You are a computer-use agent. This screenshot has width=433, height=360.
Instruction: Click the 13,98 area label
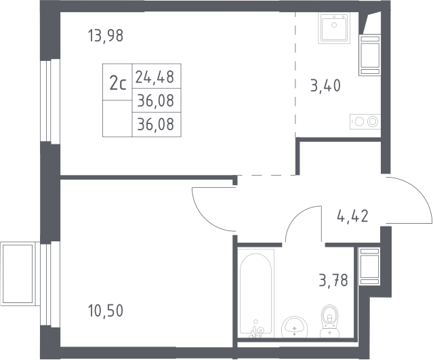[106, 36]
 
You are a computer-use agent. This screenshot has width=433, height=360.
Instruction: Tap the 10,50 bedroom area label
[106, 311]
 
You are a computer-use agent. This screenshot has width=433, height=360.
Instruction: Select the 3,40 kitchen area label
[325, 85]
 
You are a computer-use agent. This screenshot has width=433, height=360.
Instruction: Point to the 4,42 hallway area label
[352, 216]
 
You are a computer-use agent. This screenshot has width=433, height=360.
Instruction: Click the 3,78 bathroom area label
[333, 280]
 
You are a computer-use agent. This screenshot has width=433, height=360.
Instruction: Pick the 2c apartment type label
[118, 83]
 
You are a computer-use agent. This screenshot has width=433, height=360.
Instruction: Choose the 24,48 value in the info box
[154, 77]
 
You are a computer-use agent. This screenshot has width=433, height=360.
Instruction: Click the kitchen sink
[334, 28]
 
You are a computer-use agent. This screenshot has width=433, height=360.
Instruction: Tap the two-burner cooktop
[365, 121]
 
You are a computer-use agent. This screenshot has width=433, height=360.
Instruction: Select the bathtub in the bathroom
[256, 293]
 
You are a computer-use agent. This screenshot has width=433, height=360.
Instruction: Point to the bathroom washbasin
[295, 327]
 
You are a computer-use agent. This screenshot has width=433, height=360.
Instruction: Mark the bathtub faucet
[256, 329]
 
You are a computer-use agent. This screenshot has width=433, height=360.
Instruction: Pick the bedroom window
[50, 284]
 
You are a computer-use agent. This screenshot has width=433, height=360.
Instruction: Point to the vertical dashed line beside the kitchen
[295, 75]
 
